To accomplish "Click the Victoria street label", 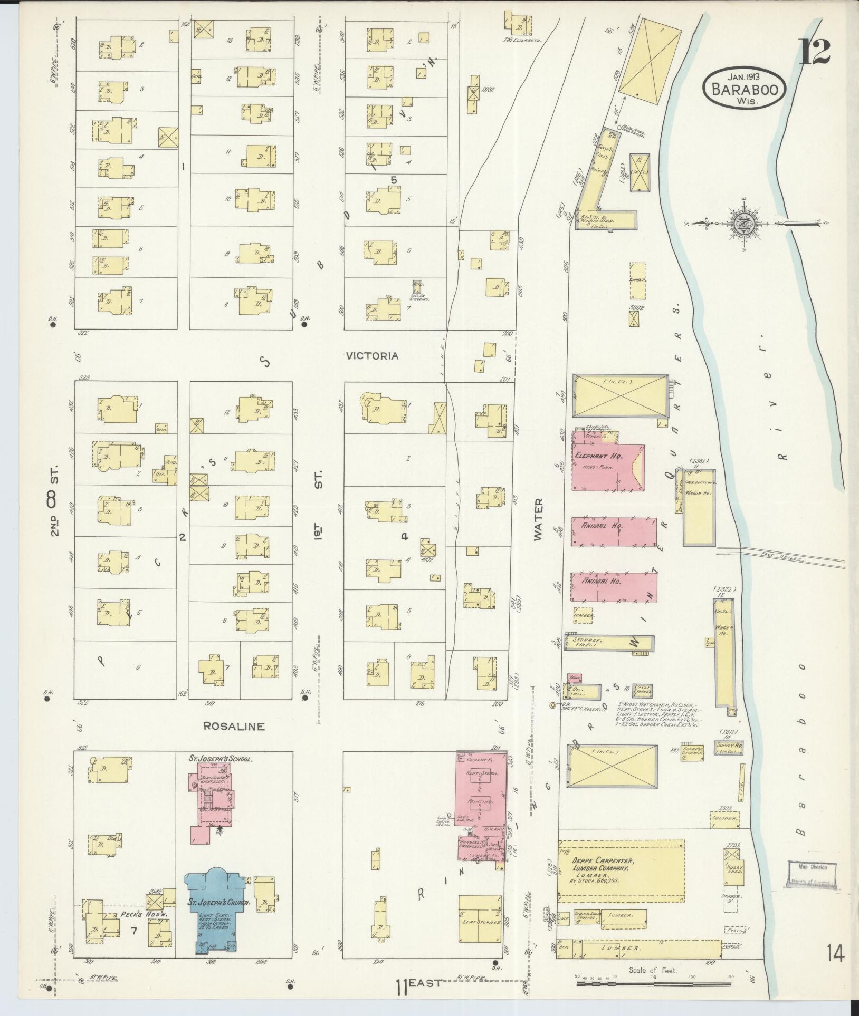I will point(371,356).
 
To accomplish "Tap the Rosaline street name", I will point(234,726).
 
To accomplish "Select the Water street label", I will point(538,519).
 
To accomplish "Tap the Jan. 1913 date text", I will point(744,77).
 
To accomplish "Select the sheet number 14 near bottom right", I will point(836,954).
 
